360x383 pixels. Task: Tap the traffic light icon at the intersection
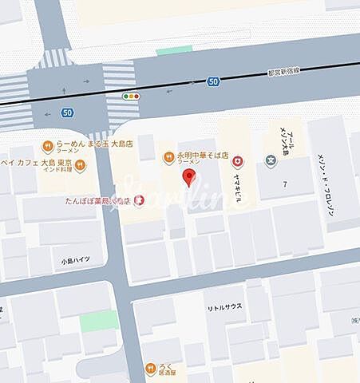pyautogui.click(x=130, y=97)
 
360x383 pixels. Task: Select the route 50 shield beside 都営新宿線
pyautogui.click(x=212, y=81)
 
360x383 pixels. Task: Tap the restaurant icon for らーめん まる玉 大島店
pyautogui.click(x=47, y=146)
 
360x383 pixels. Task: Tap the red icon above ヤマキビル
pyautogui.click(x=237, y=161)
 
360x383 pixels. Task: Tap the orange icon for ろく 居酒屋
pyautogui.click(x=149, y=368)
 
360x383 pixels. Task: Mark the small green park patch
pyautogui.click(x=98, y=321)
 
